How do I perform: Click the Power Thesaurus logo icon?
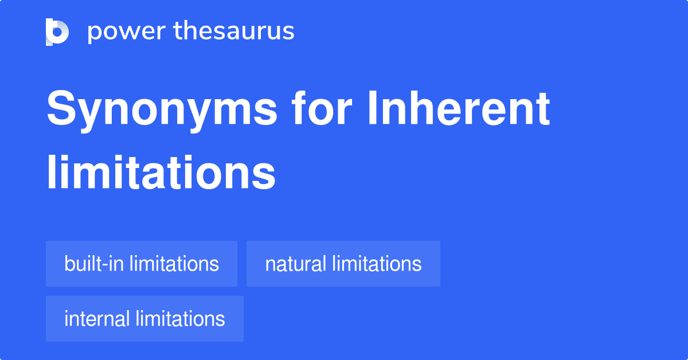(x=57, y=32)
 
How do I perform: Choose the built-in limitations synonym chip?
(x=142, y=264)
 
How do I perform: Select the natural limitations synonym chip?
(x=343, y=264)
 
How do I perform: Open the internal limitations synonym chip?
(x=144, y=319)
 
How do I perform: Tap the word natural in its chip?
(x=296, y=264)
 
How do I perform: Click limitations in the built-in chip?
(x=174, y=264)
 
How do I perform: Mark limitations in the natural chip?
(x=377, y=264)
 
